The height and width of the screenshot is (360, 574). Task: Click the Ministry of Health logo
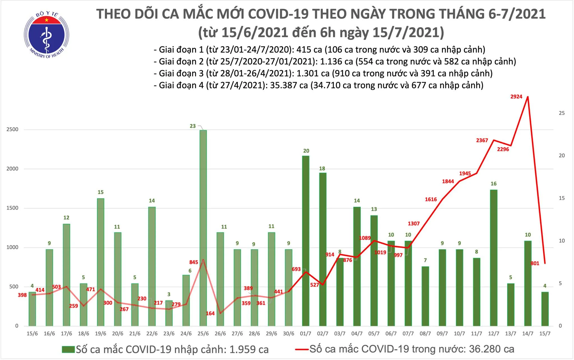click(47, 35)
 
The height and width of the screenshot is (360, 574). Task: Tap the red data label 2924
click(516, 97)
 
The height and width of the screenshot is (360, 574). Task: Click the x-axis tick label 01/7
click(305, 334)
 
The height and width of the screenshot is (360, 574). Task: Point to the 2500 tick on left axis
click(13, 130)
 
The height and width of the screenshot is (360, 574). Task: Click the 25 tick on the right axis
click(562, 113)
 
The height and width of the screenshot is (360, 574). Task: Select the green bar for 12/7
click(494, 258)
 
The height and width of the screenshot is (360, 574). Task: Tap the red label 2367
click(482, 140)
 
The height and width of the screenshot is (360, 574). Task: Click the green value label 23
click(193, 126)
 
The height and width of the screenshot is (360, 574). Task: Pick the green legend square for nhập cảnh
click(68, 349)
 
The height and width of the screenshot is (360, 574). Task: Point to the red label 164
click(210, 313)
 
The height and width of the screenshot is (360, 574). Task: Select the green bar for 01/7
click(305, 241)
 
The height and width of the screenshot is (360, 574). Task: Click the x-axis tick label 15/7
click(545, 334)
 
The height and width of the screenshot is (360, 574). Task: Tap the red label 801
click(535, 263)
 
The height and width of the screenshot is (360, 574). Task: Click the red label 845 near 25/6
click(193, 262)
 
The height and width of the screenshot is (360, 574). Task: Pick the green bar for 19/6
click(101, 262)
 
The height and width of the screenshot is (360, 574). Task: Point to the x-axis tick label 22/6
click(152, 334)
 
